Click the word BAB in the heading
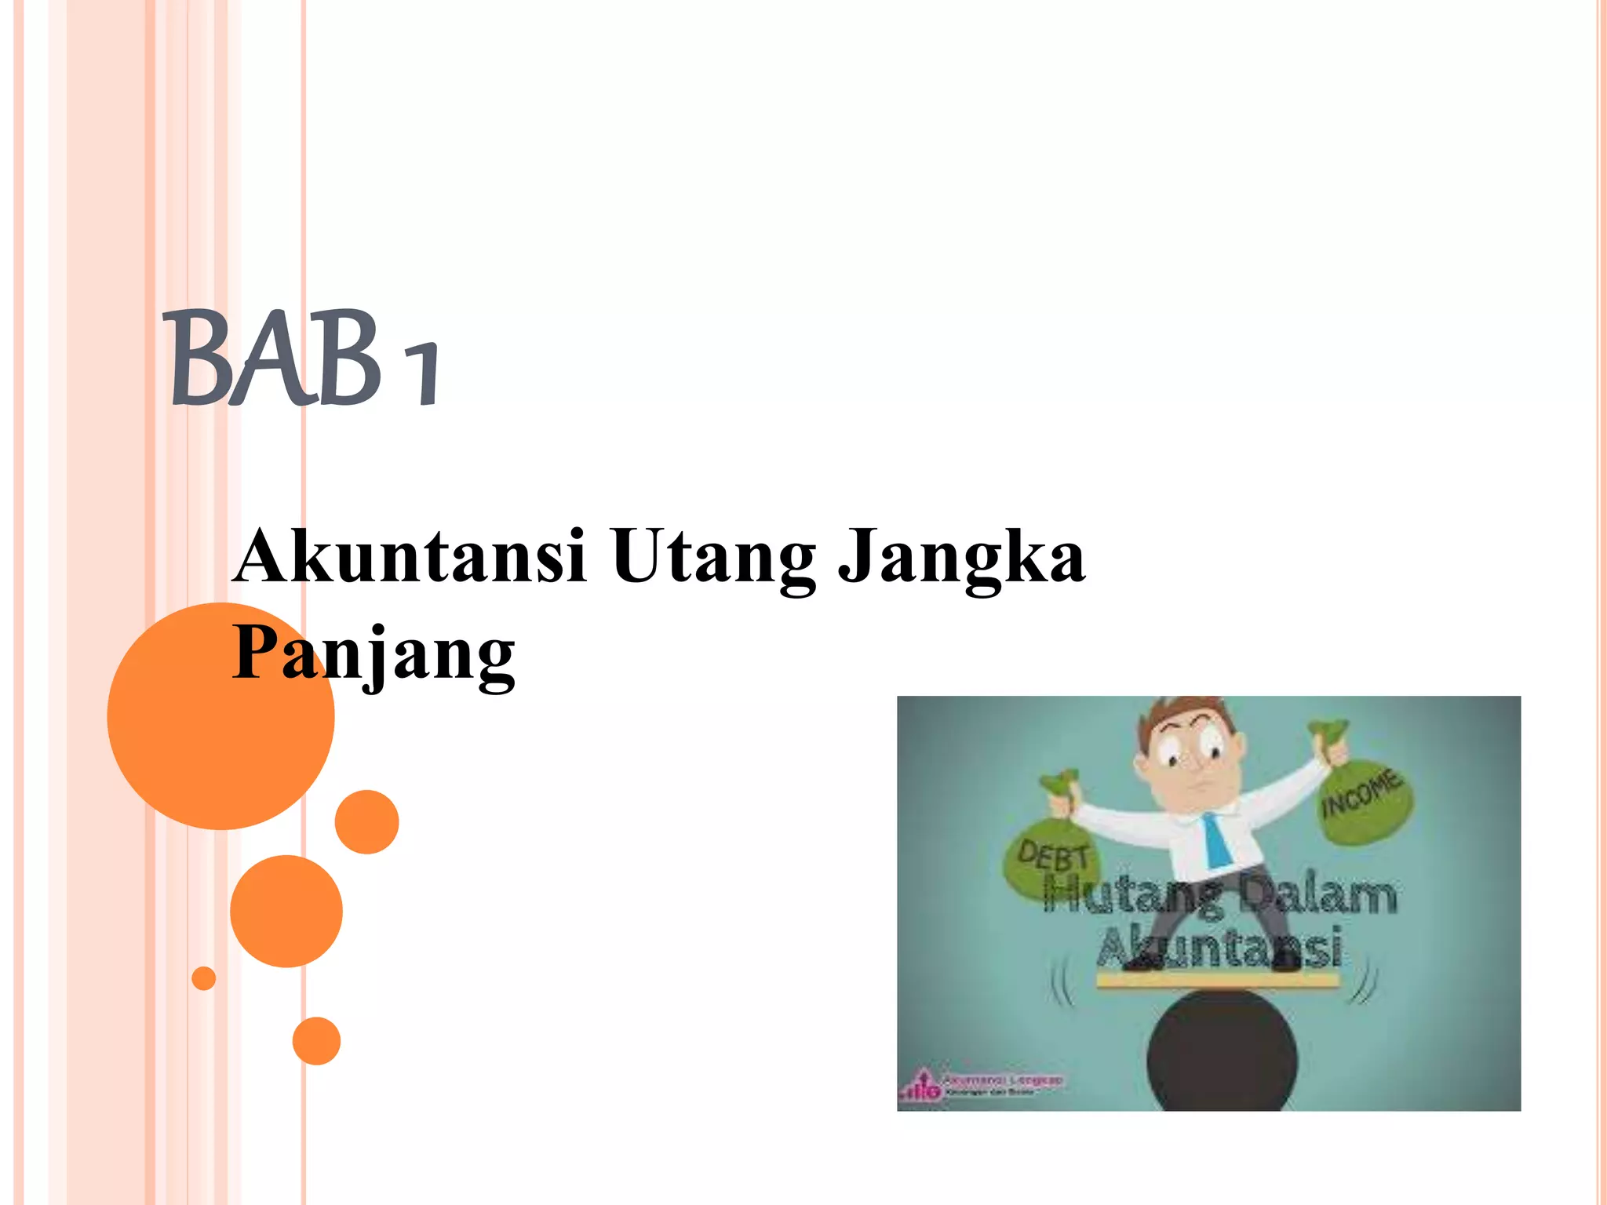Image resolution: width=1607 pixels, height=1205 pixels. (x=275, y=359)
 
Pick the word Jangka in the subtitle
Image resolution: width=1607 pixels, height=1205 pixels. (x=962, y=557)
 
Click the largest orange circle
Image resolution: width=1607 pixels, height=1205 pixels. (x=220, y=715)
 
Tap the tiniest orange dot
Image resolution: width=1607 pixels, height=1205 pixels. (x=203, y=978)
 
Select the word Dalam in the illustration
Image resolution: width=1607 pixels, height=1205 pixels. (x=1318, y=896)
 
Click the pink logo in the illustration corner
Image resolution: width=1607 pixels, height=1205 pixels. (x=924, y=1087)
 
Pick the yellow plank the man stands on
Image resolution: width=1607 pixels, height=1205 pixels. (x=1218, y=980)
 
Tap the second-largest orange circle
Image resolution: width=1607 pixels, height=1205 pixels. (x=286, y=911)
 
